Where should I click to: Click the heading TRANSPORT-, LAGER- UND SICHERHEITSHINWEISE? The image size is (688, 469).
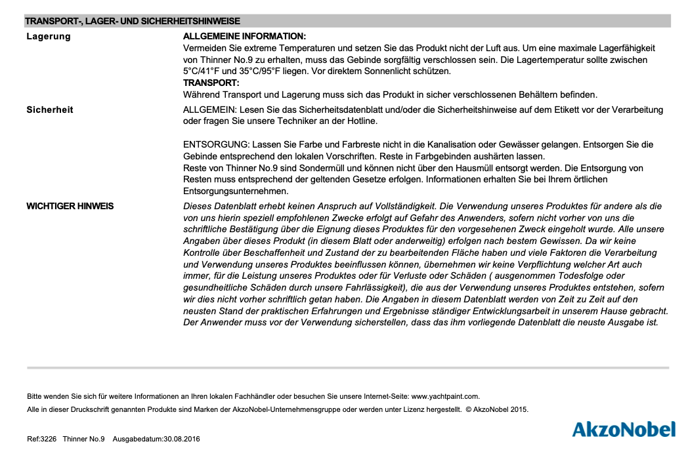(x=133, y=22)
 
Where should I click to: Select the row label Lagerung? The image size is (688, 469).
(x=49, y=36)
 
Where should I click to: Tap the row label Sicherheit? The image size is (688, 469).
(x=50, y=110)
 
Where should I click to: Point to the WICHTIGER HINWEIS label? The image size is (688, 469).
(x=70, y=206)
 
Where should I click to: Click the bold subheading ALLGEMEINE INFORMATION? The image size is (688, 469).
(x=244, y=36)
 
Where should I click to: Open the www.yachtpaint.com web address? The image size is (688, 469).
(x=445, y=396)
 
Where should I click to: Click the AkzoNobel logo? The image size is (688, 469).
(x=623, y=430)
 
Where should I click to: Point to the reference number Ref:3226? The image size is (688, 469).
(x=42, y=439)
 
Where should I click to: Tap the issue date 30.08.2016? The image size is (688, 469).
(x=182, y=439)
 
